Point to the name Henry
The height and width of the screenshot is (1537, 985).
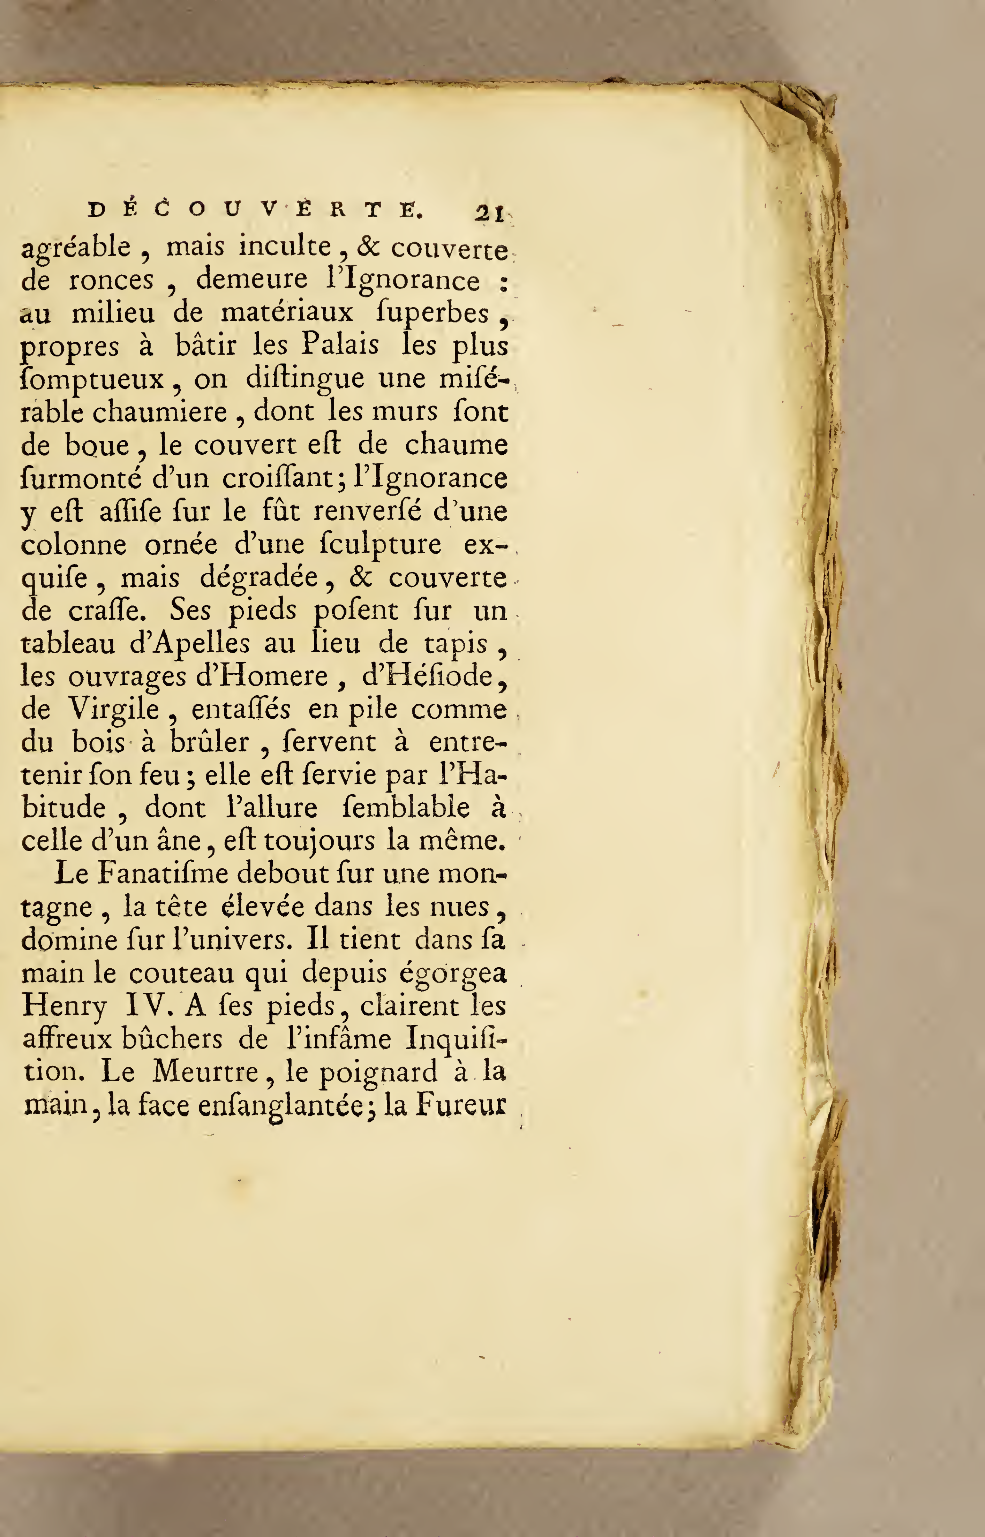pos(64,1007)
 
